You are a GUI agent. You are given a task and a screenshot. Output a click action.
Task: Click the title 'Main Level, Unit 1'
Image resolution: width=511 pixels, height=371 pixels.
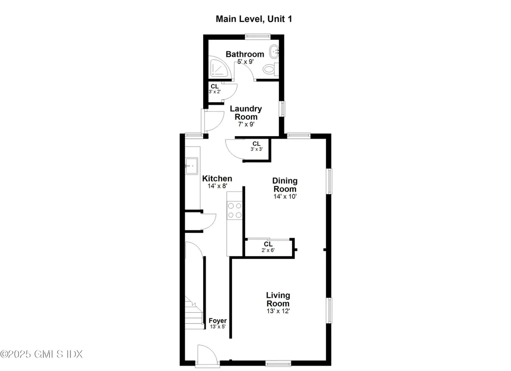(x=254, y=19)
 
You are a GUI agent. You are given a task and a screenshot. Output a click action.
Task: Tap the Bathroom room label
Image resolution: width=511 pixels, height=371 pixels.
(x=245, y=54)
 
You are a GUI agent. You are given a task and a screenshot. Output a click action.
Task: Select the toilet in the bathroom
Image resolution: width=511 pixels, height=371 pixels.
(x=270, y=69)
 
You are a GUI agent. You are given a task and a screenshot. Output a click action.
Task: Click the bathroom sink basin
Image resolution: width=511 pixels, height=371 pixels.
(x=273, y=51)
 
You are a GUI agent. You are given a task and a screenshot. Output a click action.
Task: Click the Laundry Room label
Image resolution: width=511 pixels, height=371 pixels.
(x=245, y=113)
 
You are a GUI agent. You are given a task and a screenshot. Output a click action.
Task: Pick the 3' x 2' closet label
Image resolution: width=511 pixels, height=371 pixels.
(x=214, y=89)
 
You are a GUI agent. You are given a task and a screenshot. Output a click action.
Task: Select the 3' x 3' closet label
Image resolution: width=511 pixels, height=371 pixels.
(x=256, y=146)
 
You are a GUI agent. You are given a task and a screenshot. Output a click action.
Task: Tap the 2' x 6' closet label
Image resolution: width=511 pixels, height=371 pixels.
(x=268, y=247)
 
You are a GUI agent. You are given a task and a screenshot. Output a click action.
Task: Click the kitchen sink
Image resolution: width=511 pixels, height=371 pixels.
(x=192, y=165)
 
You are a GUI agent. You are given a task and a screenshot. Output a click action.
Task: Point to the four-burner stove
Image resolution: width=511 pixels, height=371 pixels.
(x=235, y=210)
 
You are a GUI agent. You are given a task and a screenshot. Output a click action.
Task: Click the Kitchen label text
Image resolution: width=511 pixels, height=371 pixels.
(x=217, y=179)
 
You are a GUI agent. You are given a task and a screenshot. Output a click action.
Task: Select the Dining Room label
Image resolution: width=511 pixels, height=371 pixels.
(x=284, y=185)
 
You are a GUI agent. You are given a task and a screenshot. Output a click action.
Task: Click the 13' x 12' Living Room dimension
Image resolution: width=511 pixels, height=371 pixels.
(x=277, y=311)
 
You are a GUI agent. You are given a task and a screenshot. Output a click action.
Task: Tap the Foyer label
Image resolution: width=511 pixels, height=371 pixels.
(x=218, y=321)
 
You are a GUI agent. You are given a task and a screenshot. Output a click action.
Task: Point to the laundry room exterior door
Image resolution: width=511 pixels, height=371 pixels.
(x=210, y=119)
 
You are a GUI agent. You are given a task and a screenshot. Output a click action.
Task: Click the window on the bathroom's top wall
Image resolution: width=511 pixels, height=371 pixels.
(x=257, y=35)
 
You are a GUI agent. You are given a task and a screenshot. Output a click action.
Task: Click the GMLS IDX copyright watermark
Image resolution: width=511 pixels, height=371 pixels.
(x=41, y=354)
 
